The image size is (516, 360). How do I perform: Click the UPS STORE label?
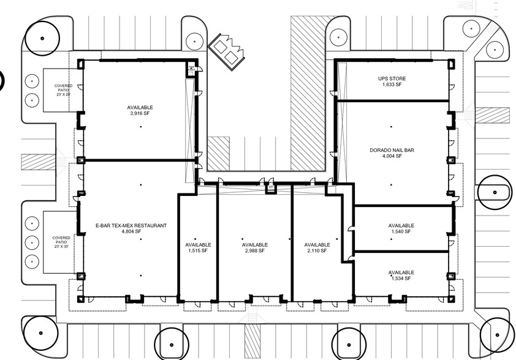392,78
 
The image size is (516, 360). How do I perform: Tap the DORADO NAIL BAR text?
392,150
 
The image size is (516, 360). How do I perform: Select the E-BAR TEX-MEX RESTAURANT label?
131,225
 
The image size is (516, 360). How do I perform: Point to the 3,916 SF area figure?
140,113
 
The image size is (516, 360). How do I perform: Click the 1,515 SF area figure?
198,251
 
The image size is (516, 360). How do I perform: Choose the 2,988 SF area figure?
255,251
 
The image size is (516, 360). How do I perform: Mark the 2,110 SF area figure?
317,251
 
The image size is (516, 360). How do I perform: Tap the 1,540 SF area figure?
401,231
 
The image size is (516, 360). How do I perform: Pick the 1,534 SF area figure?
401,279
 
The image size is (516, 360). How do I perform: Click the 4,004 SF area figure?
392,156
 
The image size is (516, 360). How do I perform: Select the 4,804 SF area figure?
131,231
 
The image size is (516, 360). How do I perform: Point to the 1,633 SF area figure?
392,84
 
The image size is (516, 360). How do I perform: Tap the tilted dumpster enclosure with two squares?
227,51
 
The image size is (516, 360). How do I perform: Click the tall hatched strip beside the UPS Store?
308,94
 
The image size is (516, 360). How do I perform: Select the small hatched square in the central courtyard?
218,154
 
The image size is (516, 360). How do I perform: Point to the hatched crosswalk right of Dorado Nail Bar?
492,115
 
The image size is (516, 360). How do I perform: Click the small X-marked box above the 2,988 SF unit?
271,189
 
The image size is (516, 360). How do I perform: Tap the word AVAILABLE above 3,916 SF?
140,108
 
